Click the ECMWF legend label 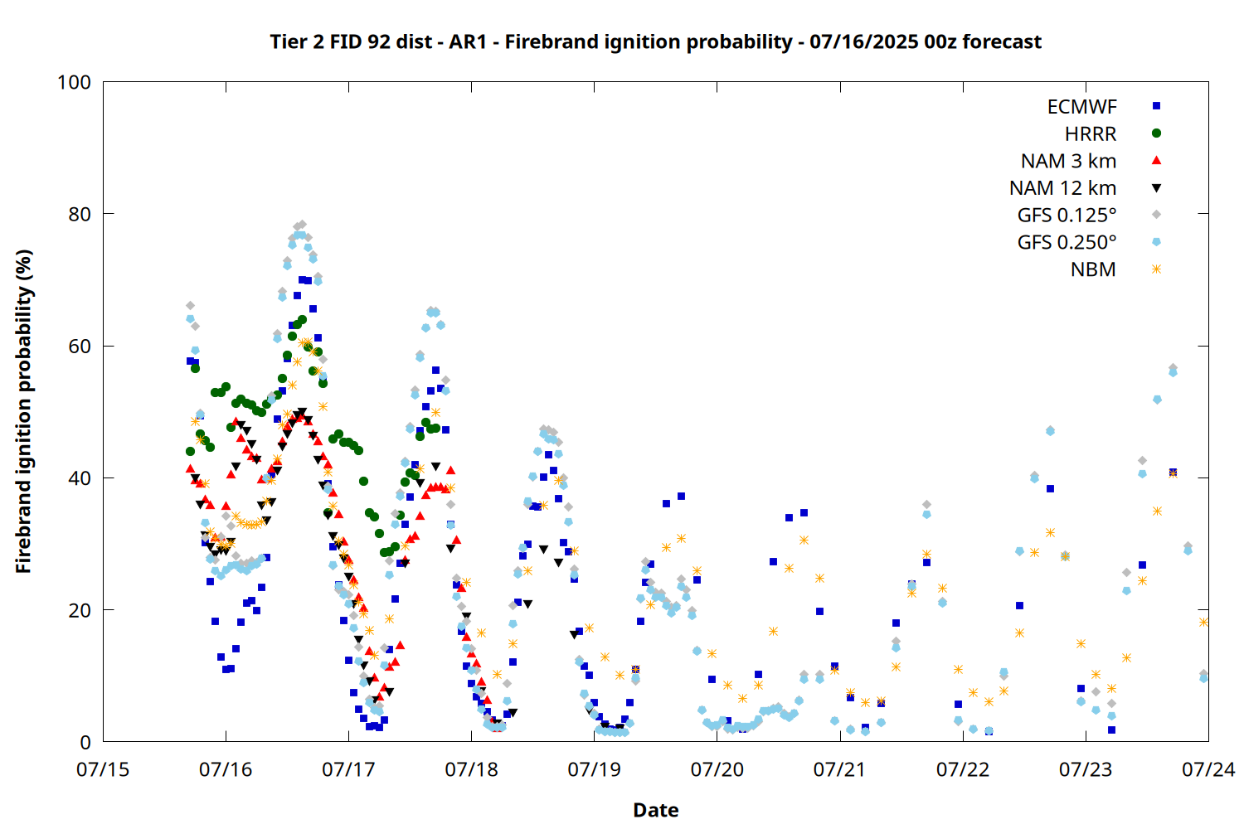click(1081, 107)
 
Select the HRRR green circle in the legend click(1156, 133)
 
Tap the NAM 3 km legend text click(1068, 161)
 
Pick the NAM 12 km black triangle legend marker click(1156, 188)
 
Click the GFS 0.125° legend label click(1067, 215)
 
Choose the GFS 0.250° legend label click(1067, 242)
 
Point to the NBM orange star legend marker click(1156, 269)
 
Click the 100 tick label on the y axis click(74, 82)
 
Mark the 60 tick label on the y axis click(80, 346)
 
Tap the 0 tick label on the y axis click(85, 742)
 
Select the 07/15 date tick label click(103, 769)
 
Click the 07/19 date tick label click(595, 769)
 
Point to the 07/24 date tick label click(1208, 769)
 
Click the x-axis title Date click(656, 810)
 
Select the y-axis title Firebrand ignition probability click(23, 411)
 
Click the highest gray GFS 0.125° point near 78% click(302, 225)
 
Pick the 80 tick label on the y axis click(80, 214)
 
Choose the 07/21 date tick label click(839, 769)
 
